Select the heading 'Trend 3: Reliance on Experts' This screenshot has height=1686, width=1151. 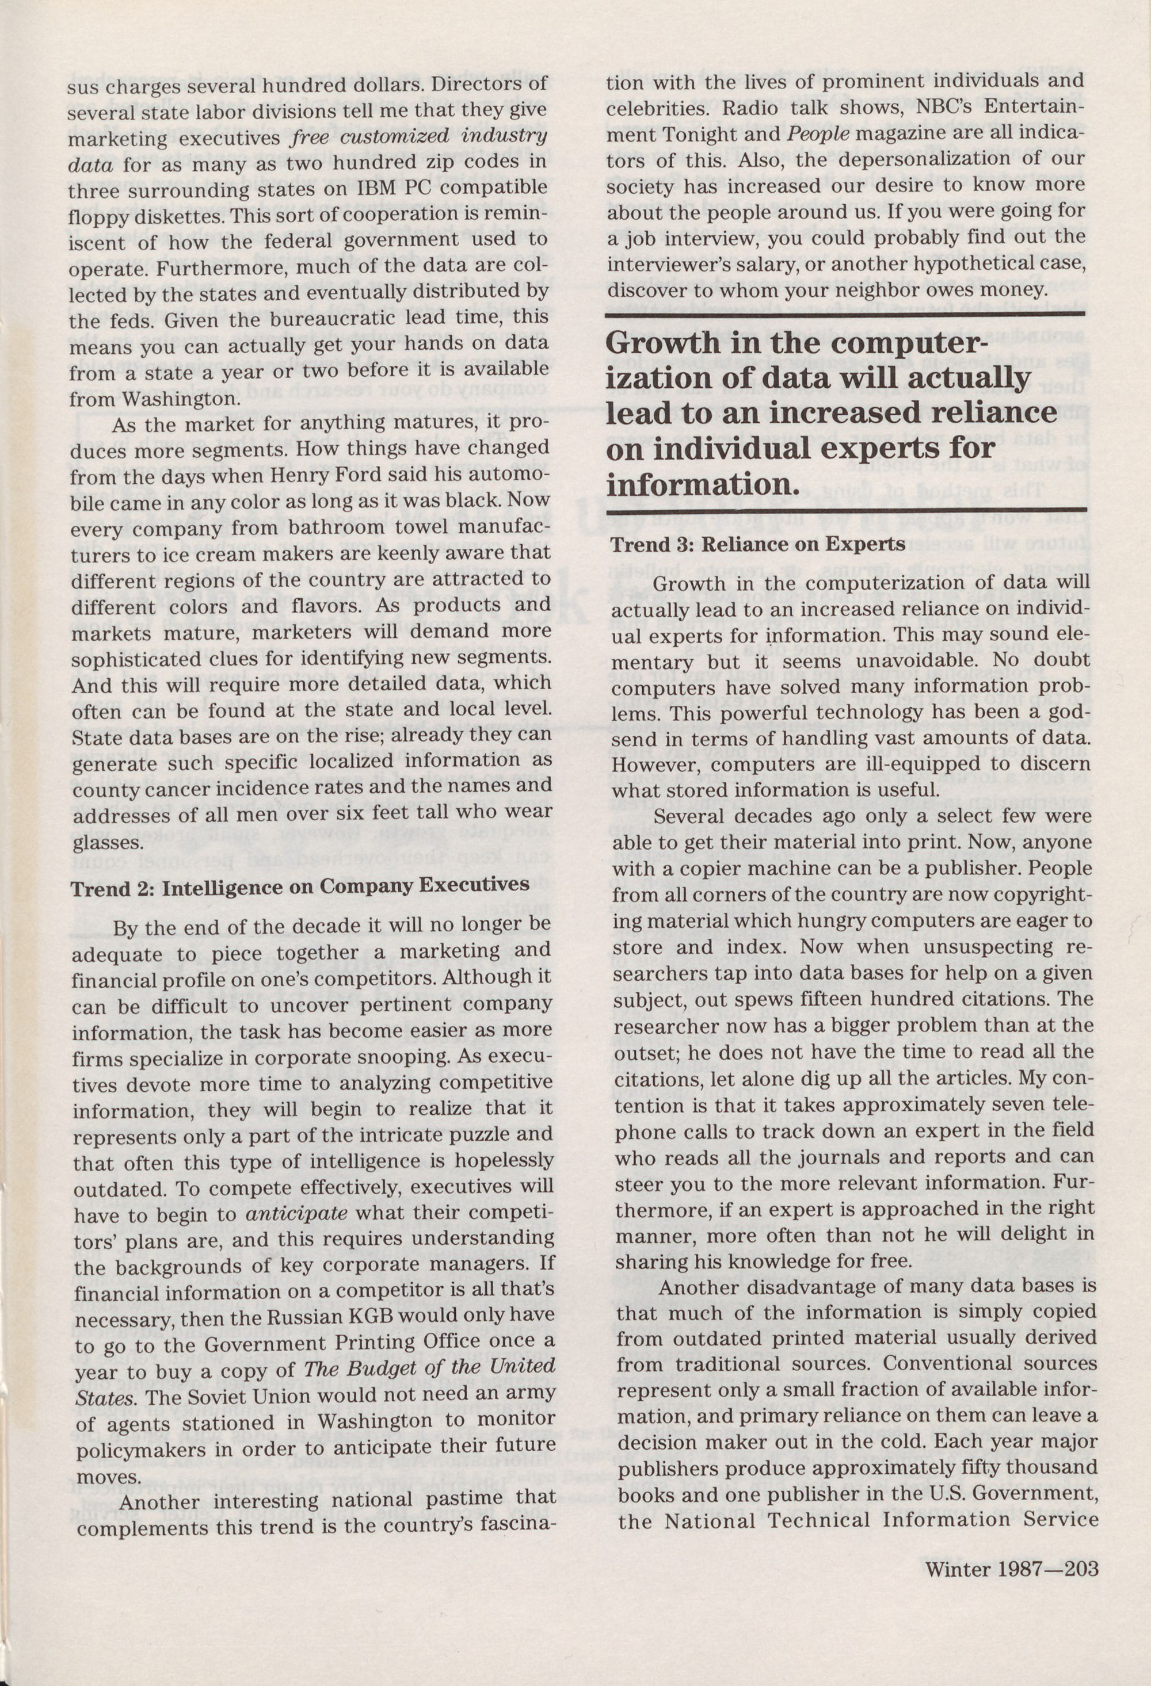757,544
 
